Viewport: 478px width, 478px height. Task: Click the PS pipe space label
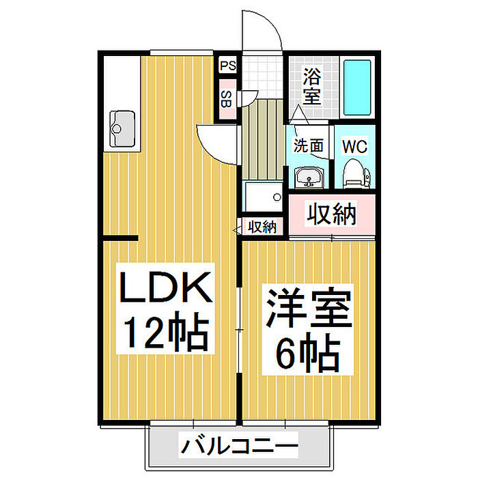click(x=228, y=66)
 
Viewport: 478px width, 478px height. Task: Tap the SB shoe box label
click(x=226, y=99)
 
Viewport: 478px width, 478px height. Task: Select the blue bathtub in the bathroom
click(x=357, y=87)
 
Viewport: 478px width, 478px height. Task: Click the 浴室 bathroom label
click(x=312, y=86)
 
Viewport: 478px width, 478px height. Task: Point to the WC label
click(x=355, y=147)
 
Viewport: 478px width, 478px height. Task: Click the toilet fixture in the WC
click(x=356, y=173)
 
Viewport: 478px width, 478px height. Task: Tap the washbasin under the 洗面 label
click(x=309, y=177)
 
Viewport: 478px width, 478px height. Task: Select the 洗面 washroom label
click(x=308, y=145)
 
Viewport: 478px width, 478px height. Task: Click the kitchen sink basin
click(x=122, y=128)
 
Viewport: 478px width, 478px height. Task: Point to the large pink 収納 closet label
click(x=331, y=214)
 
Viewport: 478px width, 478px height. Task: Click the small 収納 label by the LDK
click(x=262, y=227)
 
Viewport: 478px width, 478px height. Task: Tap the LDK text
click(x=165, y=287)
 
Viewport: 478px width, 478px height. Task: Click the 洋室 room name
click(x=309, y=307)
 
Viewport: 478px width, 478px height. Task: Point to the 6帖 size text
click(x=308, y=352)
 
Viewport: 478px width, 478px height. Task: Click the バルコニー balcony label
click(x=239, y=447)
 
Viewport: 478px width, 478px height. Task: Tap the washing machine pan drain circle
click(x=277, y=197)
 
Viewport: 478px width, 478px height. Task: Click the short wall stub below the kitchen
click(x=120, y=238)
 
